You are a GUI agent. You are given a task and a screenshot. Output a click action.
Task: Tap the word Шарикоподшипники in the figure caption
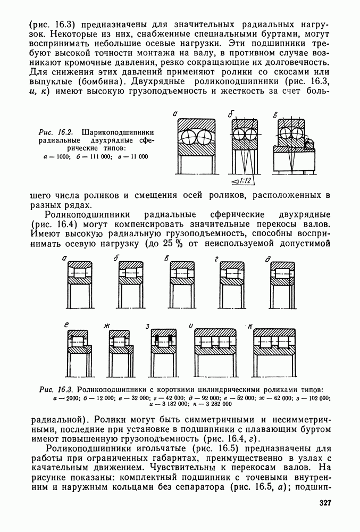(x=118, y=132)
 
